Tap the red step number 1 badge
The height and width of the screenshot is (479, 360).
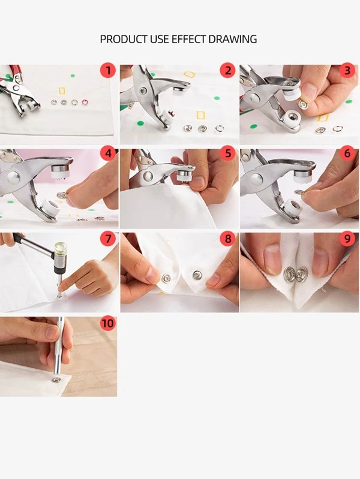click(x=108, y=71)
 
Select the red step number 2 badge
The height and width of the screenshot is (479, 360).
click(x=228, y=71)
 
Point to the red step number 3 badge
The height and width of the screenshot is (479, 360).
click(x=347, y=71)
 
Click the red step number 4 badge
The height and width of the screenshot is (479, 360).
click(x=108, y=153)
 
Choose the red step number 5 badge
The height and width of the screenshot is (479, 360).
click(x=228, y=153)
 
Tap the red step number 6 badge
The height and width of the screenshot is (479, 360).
click(x=347, y=153)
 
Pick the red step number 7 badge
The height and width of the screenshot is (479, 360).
click(x=108, y=238)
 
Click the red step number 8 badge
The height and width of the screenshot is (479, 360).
click(x=228, y=238)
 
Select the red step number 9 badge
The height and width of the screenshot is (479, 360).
click(x=347, y=238)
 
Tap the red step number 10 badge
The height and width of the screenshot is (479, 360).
click(x=108, y=323)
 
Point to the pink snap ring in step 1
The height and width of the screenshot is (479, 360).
click(x=85, y=103)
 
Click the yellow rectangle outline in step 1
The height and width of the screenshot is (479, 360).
click(x=62, y=91)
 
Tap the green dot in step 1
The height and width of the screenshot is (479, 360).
click(x=73, y=76)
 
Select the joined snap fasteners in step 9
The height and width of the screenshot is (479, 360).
click(x=296, y=274)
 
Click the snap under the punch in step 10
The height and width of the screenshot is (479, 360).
click(x=56, y=379)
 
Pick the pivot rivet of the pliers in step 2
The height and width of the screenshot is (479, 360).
click(x=143, y=91)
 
